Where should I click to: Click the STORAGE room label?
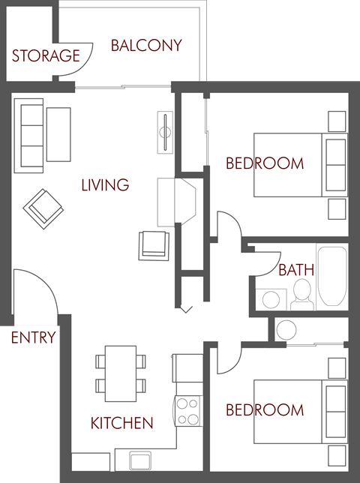[46, 55]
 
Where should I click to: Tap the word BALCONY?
[146, 46]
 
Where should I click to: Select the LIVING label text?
[105, 184]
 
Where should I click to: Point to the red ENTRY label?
[33, 337]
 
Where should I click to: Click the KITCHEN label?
[121, 423]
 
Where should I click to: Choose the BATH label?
[296, 270]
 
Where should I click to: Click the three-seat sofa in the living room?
[31, 135]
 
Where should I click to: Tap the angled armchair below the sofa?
[42, 207]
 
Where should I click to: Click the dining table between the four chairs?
[120, 373]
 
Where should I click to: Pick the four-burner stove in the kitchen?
[188, 411]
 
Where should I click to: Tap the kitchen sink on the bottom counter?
[140, 458]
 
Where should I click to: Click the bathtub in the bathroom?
[331, 276]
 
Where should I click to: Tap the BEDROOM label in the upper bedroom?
[265, 163]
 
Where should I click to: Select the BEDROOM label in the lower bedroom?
[265, 410]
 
